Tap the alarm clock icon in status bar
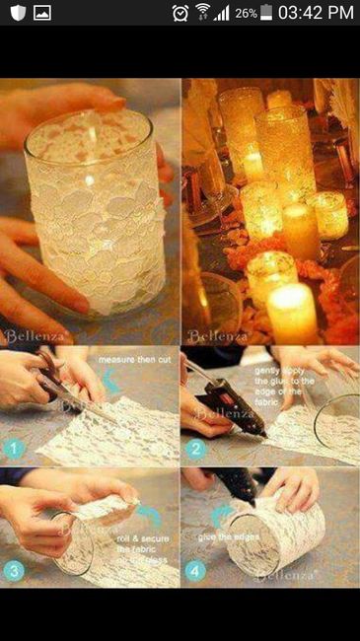pos(180,13)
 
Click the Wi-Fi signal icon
pos(202,13)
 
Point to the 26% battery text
pos(246,13)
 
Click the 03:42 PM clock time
pos(316,13)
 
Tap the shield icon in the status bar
pos(15,13)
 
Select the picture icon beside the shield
pos(42,13)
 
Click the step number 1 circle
pos(12,449)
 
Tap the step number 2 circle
pos(193,449)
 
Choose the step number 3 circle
pos(12,570)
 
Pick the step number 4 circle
pos(193,569)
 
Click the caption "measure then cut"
pos(134,362)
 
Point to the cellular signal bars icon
pos(222,13)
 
